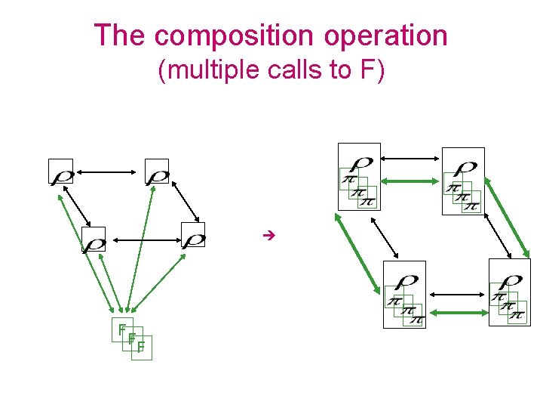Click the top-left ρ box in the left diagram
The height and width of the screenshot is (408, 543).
pos(61,172)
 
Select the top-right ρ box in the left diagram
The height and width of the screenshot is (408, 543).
pos(157,172)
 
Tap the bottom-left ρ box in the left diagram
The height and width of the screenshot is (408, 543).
pos(94,240)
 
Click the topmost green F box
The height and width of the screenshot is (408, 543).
pos(121,329)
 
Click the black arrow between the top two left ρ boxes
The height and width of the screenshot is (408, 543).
pos(109,172)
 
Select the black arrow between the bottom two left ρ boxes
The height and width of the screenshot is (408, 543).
pos(143,240)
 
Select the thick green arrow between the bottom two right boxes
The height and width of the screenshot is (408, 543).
pos(457,310)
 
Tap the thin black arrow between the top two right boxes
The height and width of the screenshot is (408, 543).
pos(410,159)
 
